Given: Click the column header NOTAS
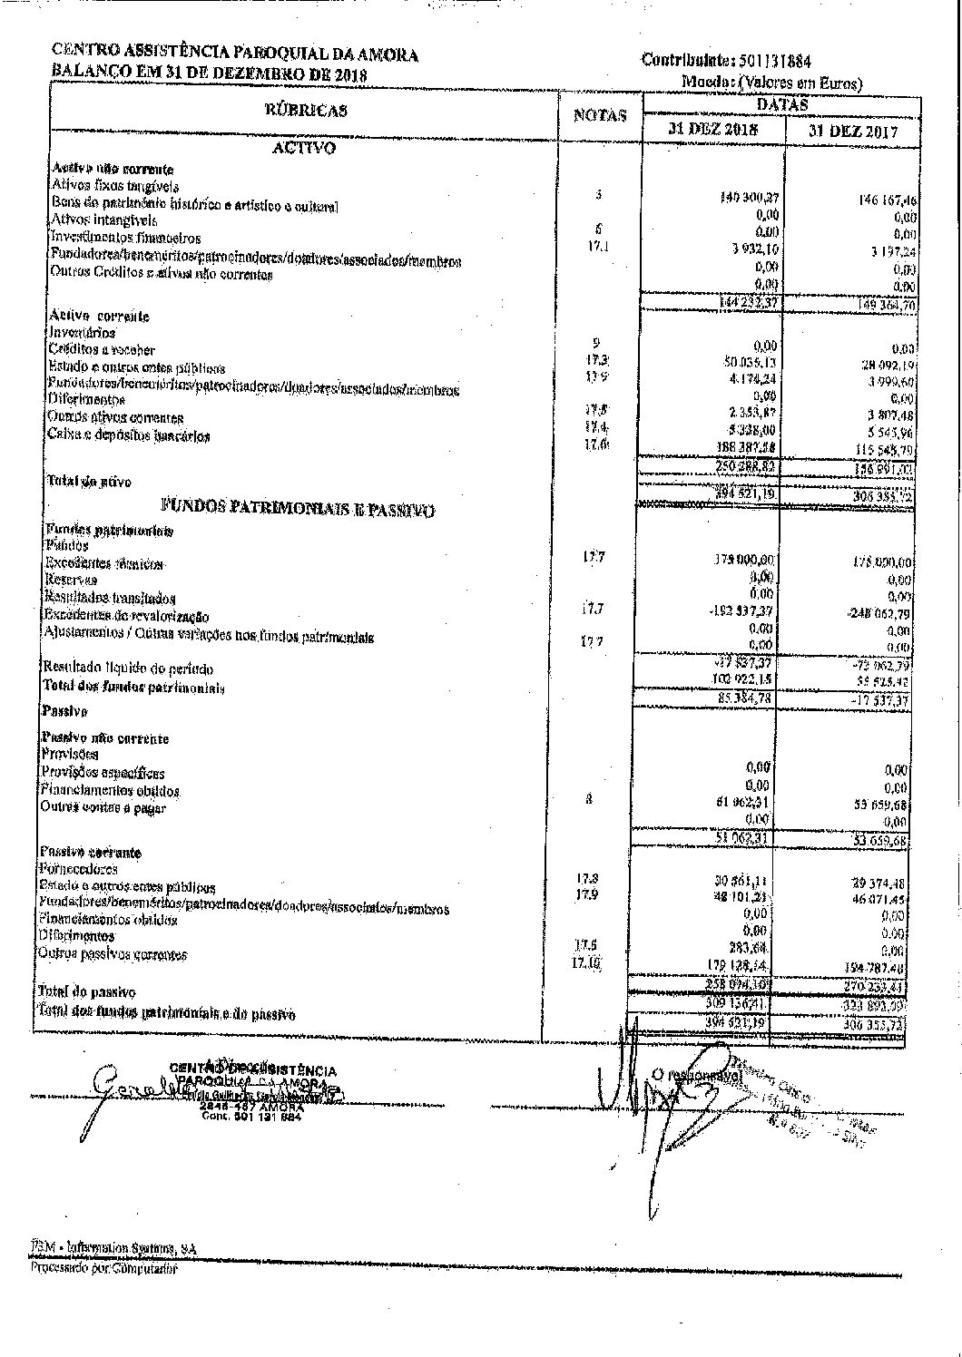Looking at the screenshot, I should tap(600, 116).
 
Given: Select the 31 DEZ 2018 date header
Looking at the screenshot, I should tap(713, 129).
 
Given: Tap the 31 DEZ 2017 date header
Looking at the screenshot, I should tap(853, 131).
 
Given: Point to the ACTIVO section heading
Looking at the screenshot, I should tap(304, 148).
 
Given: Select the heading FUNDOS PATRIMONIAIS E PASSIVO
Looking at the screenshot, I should tap(298, 508).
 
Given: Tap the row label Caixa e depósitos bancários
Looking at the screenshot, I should tap(130, 435).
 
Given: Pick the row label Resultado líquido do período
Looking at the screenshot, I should tap(128, 669).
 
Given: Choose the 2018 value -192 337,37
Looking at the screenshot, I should tap(746, 610).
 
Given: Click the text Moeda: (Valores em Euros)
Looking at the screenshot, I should tap(771, 83).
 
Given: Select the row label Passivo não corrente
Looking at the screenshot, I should tap(104, 738).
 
